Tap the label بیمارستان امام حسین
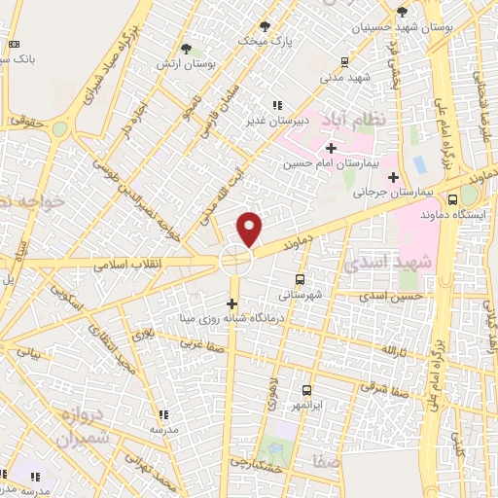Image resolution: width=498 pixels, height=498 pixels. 315,164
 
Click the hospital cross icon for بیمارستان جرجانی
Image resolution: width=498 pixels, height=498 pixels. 393,177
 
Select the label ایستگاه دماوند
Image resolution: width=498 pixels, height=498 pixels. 461,211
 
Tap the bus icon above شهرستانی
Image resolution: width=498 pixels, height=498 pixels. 300,277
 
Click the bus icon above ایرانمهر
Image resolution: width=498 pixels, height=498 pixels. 306,388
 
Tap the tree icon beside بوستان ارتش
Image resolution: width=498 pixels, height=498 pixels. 187,48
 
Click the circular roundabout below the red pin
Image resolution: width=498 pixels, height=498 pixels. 235,261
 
